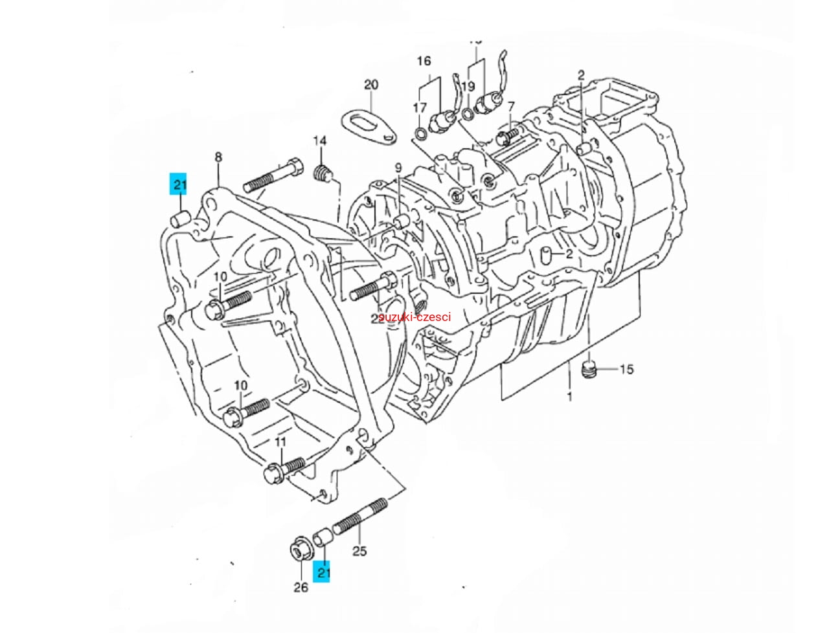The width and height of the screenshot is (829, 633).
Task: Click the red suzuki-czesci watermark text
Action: (x=414, y=316)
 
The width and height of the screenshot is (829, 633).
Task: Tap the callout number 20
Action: (x=371, y=85)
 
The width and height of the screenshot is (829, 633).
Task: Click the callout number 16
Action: (x=424, y=61)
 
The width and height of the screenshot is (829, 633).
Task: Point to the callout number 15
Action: (x=626, y=370)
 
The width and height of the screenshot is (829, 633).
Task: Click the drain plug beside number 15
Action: (x=589, y=370)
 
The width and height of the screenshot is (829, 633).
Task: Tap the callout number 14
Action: (x=321, y=141)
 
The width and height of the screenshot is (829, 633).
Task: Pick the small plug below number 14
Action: (x=323, y=173)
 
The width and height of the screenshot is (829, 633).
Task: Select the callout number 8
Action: (x=218, y=157)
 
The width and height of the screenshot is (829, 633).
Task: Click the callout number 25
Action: (x=359, y=551)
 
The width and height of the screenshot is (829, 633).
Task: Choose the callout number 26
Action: (x=301, y=587)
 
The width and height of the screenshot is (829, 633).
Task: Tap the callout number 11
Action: (x=280, y=441)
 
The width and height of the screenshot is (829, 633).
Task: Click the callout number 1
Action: (x=569, y=396)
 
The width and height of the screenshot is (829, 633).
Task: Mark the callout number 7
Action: (x=512, y=106)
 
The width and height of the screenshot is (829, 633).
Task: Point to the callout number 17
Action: (x=420, y=107)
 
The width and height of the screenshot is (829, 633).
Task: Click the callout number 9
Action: (x=399, y=168)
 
